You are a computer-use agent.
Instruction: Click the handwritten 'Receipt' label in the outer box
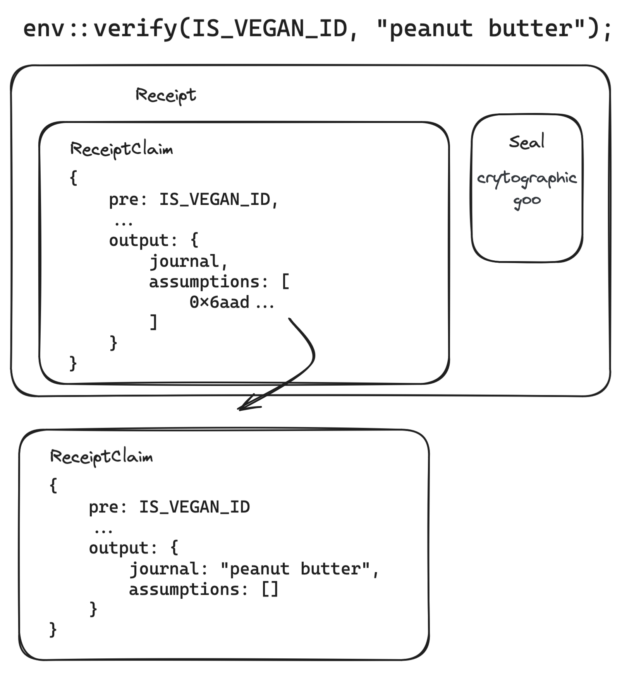coord(165,95)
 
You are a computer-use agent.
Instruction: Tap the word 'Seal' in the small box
coord(526,142)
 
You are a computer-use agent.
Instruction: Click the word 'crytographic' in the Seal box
coord(527,179)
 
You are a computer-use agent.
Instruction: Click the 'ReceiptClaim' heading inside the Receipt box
coord(121,149)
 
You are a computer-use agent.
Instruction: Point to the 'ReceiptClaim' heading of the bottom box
coord(101,457)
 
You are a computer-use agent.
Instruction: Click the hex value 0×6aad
coord(219,302)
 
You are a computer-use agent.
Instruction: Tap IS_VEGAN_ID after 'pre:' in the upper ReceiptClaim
coord(215,200)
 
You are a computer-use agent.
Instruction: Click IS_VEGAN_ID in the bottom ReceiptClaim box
coord(194,507)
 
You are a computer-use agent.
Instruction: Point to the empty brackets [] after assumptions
coord(270,589)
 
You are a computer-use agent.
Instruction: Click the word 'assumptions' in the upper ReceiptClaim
coord(204,282)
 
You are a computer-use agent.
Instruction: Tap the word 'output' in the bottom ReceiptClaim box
coord(118,548)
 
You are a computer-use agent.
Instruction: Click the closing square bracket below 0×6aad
coord(154,322)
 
